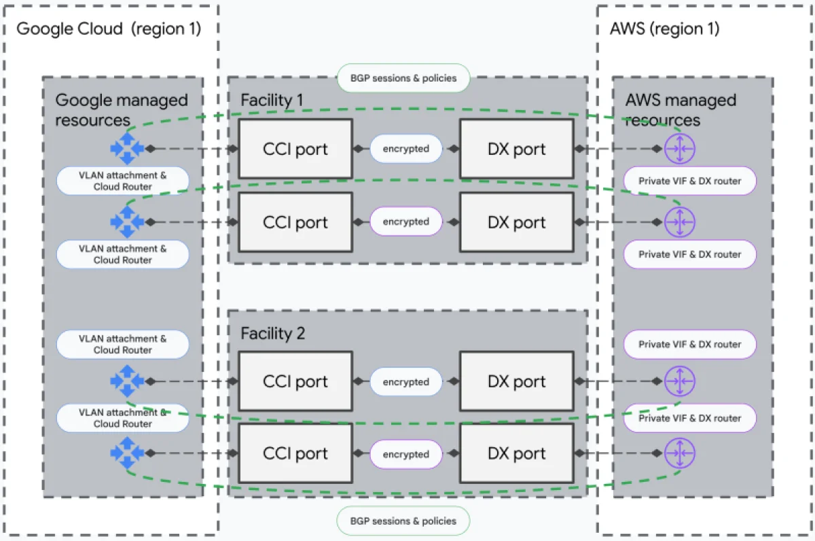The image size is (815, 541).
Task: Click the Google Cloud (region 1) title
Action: (x=109, y=29)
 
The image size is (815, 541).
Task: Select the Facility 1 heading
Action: (x=273, y=101)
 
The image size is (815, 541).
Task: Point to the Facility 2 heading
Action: (x=273, y=333)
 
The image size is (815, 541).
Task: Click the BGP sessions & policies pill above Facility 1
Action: (x=403, y=78)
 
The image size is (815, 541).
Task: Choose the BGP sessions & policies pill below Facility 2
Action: (x=403, y=521)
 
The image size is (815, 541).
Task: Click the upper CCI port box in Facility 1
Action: (x=295, y=149)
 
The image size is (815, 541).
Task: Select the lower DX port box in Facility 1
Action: (x=516, y=222)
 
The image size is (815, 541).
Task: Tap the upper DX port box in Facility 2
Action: (x=516, y=381)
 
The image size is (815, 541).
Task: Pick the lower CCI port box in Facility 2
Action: (x=295, y=453)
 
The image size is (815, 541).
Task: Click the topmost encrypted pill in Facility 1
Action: (x=405, y=149)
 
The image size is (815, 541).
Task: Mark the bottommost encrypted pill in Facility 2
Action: (x=405, y=454)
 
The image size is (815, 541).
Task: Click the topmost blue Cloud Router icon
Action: (x=127, y=148)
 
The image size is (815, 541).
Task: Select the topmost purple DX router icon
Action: (x=679, y=148)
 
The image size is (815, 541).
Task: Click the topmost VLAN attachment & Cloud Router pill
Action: (x=123, y=181)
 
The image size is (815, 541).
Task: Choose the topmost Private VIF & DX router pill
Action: (x=689, y=181)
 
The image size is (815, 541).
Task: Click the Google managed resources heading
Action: (x=121, y=110)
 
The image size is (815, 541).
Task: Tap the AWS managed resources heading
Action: (x=680, y=110)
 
